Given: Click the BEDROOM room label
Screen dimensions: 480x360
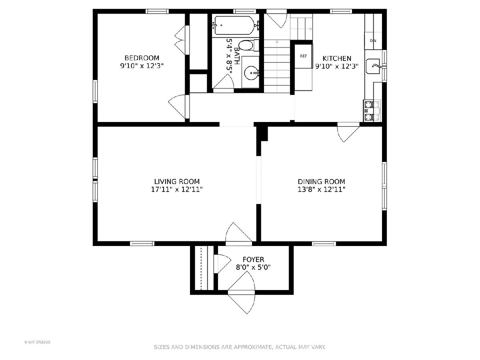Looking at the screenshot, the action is [142, 58].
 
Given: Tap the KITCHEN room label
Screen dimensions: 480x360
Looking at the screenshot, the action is [337, 58].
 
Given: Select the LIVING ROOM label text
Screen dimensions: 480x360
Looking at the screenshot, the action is [177, 182].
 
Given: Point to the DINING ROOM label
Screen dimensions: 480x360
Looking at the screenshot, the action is [321, 182].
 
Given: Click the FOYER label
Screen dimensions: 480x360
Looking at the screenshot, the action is [253, 260].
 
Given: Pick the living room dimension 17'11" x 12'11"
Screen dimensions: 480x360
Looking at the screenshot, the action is [177, 189].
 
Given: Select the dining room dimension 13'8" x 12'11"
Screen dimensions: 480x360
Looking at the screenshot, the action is [321, 189].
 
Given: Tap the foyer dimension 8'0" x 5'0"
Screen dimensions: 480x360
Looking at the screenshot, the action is [253, 267].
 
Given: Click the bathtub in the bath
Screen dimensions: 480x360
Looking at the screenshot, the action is [234, 25].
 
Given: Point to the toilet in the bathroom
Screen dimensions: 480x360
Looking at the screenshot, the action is [248, 46].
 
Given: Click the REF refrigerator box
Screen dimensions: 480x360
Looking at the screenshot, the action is [304, 56].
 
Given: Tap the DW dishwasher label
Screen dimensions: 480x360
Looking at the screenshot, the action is [373, 41].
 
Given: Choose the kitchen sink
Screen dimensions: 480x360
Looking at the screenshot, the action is [374, 66].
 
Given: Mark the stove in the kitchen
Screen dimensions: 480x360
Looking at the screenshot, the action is [372, 111].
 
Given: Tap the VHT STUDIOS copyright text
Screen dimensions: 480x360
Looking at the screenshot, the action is [37, 342].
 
